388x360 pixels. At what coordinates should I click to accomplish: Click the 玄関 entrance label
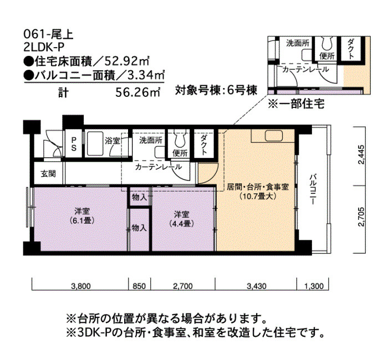point(48,174)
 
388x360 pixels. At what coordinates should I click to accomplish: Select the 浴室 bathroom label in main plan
point(112,141)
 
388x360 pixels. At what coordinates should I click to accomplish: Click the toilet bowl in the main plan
point(180,140)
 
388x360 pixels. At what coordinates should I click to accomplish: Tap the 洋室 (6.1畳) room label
point(82,215)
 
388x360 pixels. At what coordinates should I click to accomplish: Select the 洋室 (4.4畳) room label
point(181,219)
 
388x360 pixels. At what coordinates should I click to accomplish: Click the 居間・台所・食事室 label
point(258,187)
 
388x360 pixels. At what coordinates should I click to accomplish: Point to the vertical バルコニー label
point(314,189)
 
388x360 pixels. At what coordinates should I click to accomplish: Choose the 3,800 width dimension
point(81,286)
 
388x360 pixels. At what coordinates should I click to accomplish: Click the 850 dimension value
point(140,286)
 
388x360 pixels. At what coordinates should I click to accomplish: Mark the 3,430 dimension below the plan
point(257,286)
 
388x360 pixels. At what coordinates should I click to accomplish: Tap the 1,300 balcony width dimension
point(314,286)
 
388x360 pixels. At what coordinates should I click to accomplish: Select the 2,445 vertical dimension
point(361,155)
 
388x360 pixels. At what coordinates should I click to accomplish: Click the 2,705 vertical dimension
point(361,217)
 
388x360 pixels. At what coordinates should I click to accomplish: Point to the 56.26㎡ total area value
point(138,92)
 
